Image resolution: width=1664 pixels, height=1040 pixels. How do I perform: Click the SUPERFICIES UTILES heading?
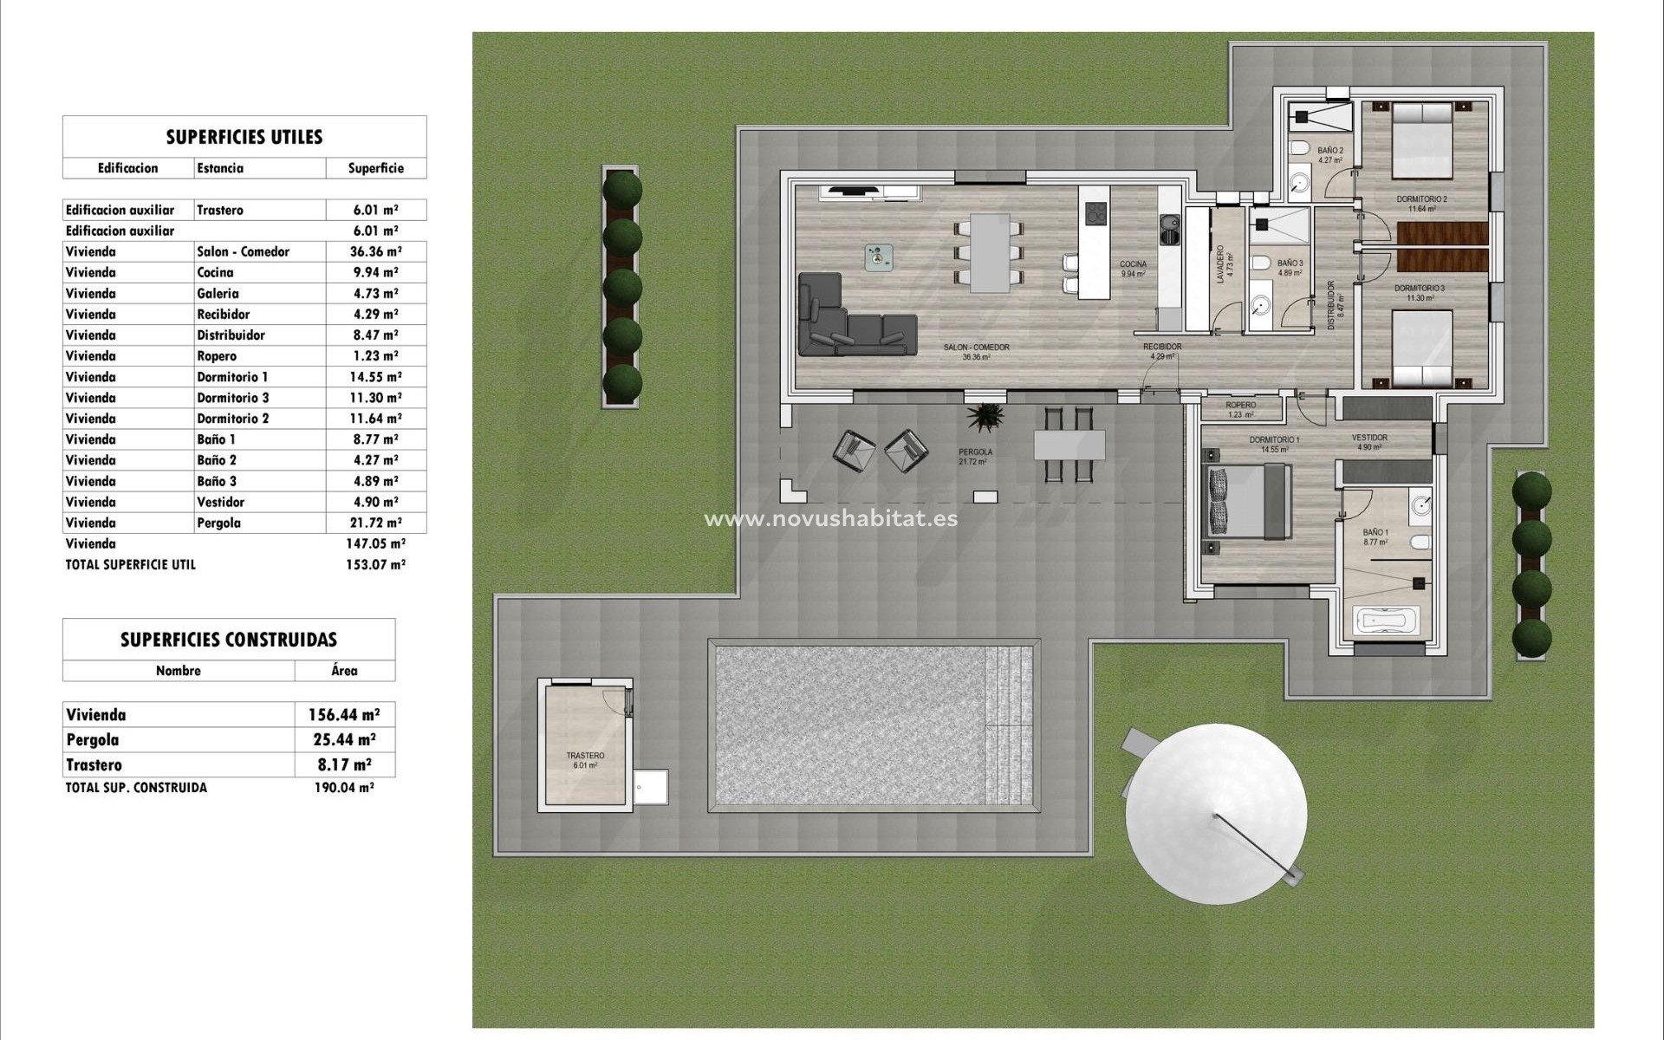(x=244, y=137)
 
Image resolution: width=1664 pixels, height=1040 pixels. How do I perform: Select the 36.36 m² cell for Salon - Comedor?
(x=375, y=251)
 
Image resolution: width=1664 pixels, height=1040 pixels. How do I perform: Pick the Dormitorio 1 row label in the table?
(x=232, y=377)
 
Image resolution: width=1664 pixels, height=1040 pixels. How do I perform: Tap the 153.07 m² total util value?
(x=375, y=564)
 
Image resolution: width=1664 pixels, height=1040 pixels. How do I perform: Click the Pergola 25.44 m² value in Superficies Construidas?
(x=344, y=740)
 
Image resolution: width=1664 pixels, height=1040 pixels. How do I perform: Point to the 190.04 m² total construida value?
(x=344, y=788)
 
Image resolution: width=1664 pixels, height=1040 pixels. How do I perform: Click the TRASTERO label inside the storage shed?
(x=585, y=756)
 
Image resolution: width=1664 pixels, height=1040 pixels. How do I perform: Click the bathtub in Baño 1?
(x=1387, y=621)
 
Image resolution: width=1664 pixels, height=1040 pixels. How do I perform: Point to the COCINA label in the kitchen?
(x=1133, y=264)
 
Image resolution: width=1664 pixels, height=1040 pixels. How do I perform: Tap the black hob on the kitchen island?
(x=1095, y=213)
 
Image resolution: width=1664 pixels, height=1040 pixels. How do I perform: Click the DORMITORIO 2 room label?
(x=1421, y=199)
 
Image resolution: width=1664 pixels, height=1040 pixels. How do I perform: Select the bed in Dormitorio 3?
(x=1421, y=349)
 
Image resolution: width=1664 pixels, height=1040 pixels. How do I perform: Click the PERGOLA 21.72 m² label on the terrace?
(x=975, y=457)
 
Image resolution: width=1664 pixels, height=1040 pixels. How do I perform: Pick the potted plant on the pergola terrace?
(x=985, y=417)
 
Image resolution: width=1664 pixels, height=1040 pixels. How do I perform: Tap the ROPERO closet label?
(x=1240, y=406)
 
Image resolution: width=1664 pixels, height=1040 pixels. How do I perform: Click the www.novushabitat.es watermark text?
(x=830, y=519)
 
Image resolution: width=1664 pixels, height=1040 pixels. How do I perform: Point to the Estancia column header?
(x=220, y=168)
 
